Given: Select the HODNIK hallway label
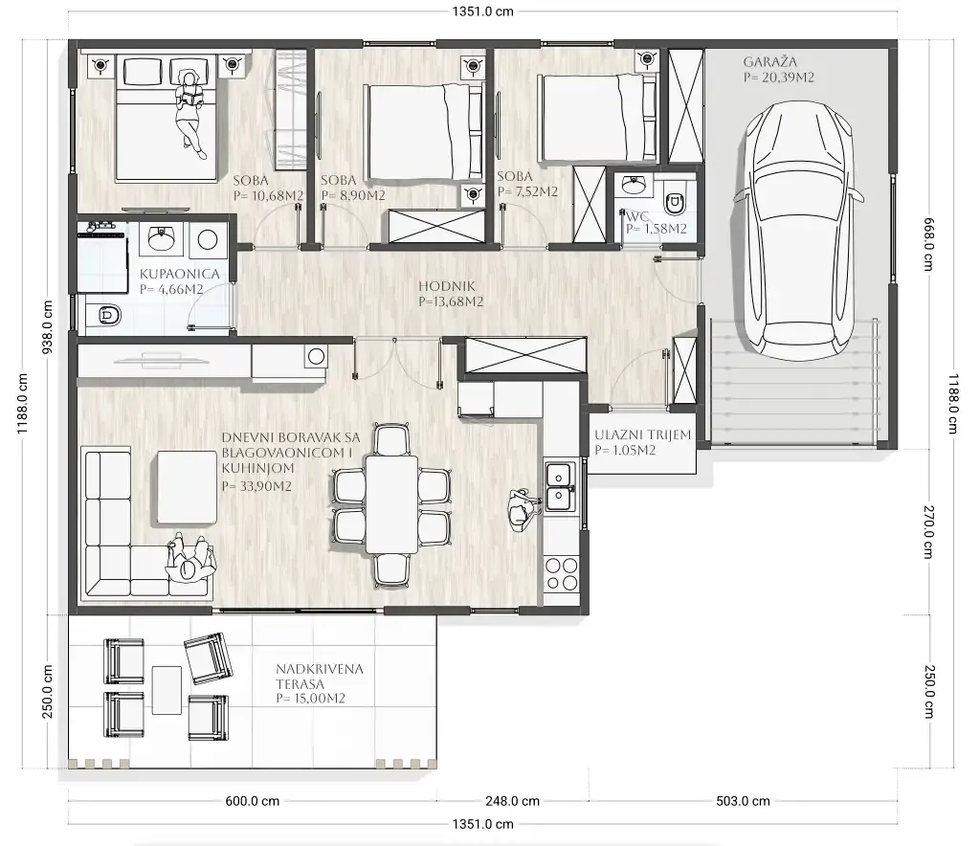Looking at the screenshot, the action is [x=446, y=286].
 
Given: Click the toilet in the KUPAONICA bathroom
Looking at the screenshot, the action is [x=103, y=316].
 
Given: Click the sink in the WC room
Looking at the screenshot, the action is [x=635, y=185].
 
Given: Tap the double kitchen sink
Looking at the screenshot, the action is [x=559, y=487].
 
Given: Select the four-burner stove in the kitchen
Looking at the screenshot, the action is [x=561, y=574].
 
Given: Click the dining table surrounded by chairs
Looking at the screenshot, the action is [x=391, y=504].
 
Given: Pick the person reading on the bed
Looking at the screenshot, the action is [x=190, y=113].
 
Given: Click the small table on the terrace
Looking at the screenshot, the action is [x=167, y=690].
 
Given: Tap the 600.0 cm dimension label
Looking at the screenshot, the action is [x=252, y=801].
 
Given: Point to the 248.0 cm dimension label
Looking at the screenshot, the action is [x=512, y=801].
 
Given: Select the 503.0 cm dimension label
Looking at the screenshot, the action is [x=743, y=801].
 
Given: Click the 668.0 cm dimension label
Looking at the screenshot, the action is [x=928, y=244].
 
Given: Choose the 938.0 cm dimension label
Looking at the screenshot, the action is [x=48, y=327].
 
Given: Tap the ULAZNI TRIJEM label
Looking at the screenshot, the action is [x=642, y=434].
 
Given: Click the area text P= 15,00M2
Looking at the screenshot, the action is [x=311, y=699].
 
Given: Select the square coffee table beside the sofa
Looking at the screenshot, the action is [x=187, y=487].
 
